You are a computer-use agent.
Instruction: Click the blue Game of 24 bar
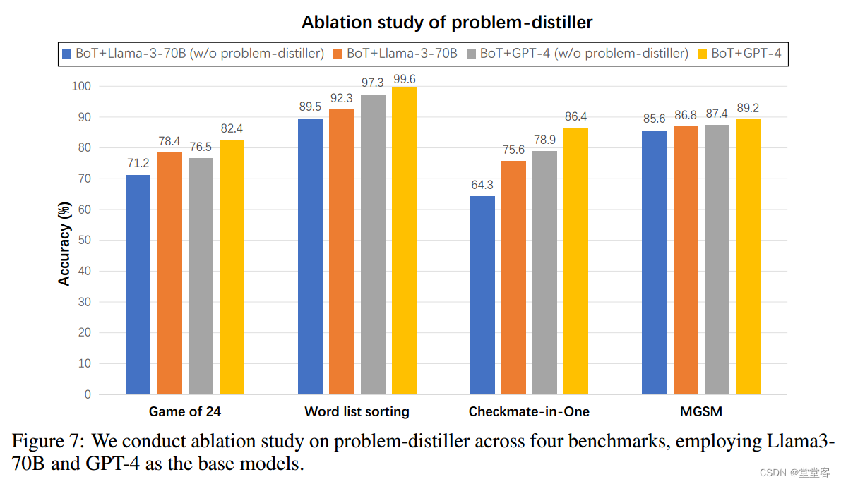pos(138,284)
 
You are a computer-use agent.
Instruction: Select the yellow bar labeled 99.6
pos(404,241)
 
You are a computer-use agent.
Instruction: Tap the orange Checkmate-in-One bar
pos(514,277)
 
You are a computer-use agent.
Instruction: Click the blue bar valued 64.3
pos(482,295)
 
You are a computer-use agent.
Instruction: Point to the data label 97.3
pos(373,83)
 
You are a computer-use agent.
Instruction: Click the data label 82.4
pos(232,129)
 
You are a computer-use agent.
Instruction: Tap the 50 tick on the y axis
pos(84,241)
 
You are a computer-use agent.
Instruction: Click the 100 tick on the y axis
pos(81,86)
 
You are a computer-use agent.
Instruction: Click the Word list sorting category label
pos(357,411)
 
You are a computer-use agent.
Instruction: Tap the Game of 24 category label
pos(185,411)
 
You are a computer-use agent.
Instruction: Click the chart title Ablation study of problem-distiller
pos(447,23)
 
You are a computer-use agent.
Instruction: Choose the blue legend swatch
pos(67,54)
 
